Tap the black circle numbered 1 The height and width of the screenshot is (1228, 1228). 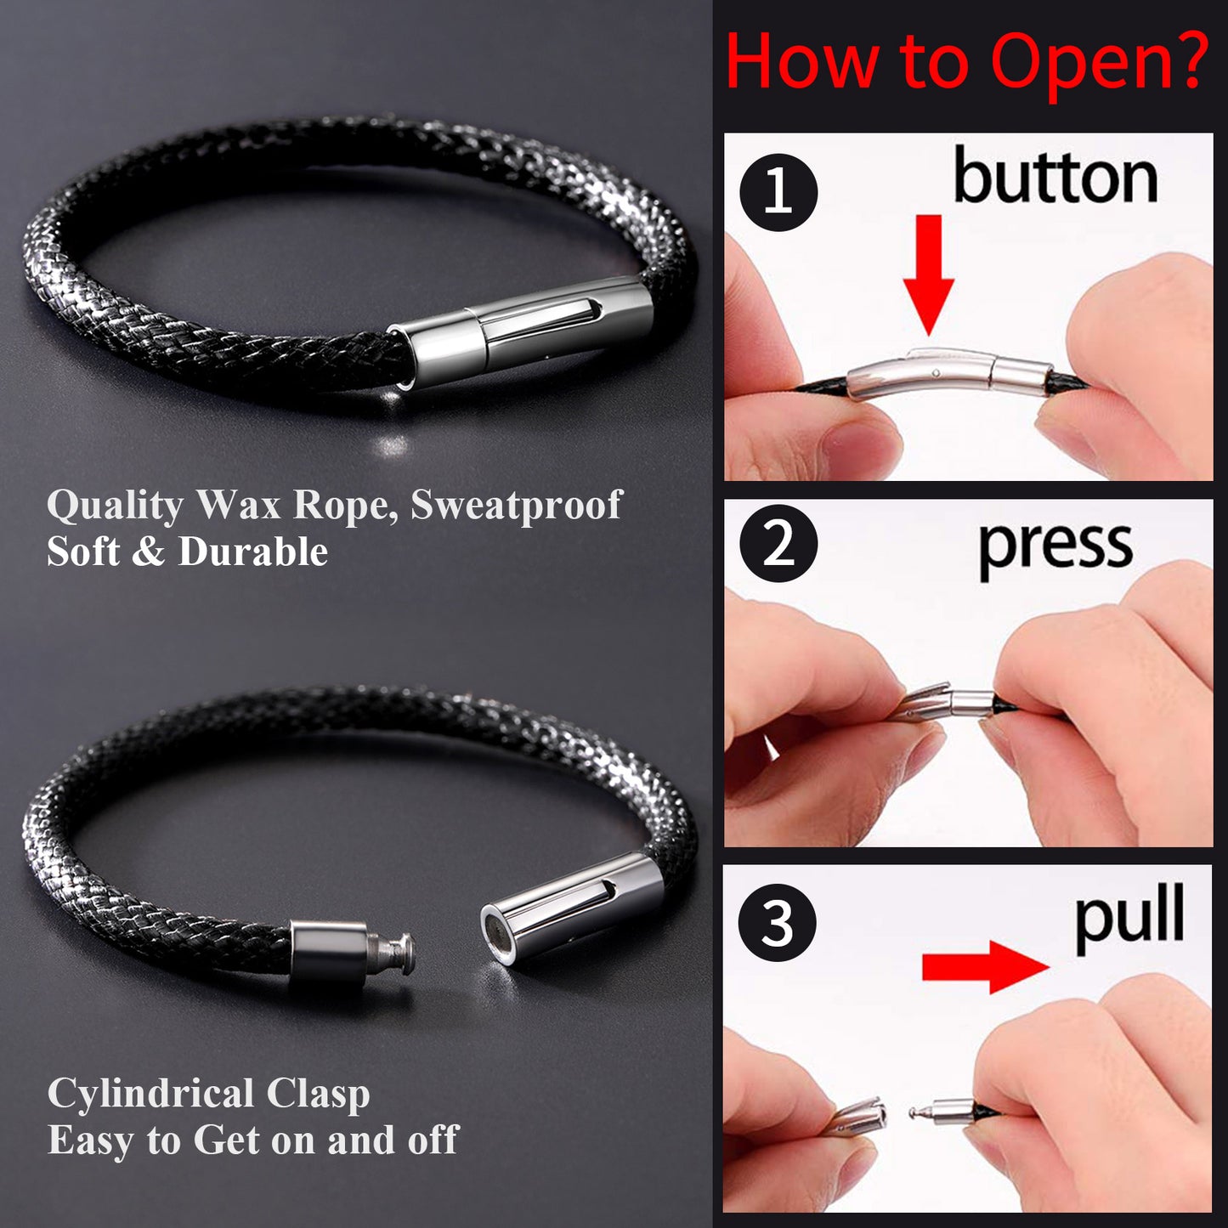point(778,192)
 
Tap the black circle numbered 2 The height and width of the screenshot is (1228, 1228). point(778,543)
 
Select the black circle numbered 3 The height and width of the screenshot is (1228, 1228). point(778,922)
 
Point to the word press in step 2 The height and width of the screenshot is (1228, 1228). point(1056,549)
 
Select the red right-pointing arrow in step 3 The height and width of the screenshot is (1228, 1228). point(985,967)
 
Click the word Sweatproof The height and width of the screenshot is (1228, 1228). point(516,506)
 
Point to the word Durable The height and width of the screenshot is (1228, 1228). point(253,552)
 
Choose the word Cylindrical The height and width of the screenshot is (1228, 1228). point(151,1094)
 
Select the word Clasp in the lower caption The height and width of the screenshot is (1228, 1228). point(319,1095)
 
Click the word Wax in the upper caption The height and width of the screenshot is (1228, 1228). point(239,506)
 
